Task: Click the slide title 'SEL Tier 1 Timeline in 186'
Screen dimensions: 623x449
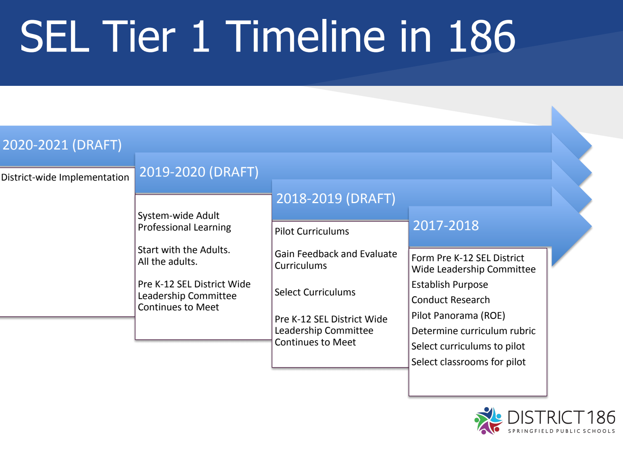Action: click(x=268, y=36)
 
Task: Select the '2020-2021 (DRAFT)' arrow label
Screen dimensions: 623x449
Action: click(x=62, y=145)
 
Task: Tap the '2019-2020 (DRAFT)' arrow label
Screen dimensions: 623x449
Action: click(x=199, y=172)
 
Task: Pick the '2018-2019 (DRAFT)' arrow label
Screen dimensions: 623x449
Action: click(x=336, y=199)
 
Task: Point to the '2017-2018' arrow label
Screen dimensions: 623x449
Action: click(x=446, y=225)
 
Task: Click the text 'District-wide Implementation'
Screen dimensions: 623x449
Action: click(x=65, y=177)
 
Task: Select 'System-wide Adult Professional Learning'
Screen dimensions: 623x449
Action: click(x=185, y=221)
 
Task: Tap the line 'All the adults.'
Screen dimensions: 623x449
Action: click(x=167, y=262)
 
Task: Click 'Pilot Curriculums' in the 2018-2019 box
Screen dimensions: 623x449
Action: click(x=312, y=231)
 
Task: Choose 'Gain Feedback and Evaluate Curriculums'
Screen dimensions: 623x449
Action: click(x=336, y=260)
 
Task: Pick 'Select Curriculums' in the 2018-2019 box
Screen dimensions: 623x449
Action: click(x=315, y=292)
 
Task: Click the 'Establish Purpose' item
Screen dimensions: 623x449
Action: click(x=450, y=285)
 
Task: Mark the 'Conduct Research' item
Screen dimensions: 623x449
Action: click(x=451, y=300)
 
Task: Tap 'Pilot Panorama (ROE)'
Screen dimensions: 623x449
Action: click(x=458, y=316)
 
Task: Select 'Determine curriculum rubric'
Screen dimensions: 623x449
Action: click(x=473, y=331)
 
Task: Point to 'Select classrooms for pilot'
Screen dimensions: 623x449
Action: click(x=468, y=362)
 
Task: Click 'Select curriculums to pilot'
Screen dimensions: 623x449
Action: click(x=468, y=346)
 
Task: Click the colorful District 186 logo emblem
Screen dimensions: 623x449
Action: click(x=488, y=421)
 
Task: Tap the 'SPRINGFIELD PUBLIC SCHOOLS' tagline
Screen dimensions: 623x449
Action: click(x=561, y=431)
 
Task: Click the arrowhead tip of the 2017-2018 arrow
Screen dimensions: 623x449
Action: click(x=591, y=227)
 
